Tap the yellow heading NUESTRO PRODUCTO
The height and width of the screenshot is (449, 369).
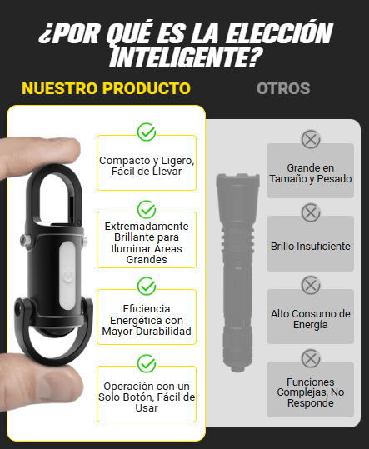(107, 88)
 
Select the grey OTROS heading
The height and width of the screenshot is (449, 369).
(283, 88)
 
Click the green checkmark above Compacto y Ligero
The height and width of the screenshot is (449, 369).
(147, 132)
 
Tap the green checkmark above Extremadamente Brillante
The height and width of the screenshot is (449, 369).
(147, 209)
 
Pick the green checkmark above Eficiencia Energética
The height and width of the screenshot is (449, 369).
(147, 286)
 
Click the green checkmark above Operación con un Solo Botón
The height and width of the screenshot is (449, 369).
(147, 363)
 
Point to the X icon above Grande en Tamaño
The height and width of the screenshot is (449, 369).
(311, 139)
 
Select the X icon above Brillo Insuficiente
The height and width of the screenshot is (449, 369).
(311, 212)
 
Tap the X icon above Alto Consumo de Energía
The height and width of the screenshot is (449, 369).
(311, 285)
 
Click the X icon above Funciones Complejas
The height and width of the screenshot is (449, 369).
(311, 358)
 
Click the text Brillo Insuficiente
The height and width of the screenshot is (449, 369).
(311, 247)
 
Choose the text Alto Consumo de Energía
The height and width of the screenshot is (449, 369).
(311, 319)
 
